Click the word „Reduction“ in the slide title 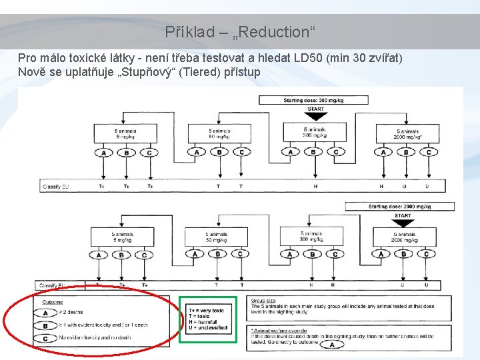coord(279,32)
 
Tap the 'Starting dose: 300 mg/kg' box coord(315,100)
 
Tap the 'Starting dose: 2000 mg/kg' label coord(399,207)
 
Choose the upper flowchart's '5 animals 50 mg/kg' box coord(219,134)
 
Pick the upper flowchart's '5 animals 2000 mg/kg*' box coord(406,134)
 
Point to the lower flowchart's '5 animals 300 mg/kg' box coord(311,237)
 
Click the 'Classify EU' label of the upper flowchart coord(55,187)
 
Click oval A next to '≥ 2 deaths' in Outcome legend coord(45,312)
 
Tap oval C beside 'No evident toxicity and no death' coord(45,338)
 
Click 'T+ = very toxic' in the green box coord(206,311)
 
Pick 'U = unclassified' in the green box coord(208,327)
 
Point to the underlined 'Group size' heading coord(263,301)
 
